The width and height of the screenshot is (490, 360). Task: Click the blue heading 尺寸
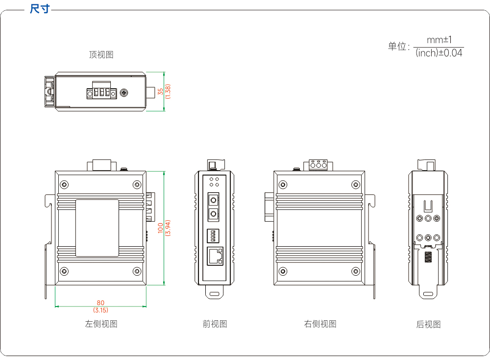coord(40,9)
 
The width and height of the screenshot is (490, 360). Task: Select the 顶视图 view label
coord(101,55)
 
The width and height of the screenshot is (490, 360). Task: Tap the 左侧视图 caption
coord(101,324)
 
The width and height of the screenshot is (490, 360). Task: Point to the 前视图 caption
coord(215,324)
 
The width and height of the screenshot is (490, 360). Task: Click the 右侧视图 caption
coord(320,324)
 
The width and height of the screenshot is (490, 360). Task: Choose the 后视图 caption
coord(428,324)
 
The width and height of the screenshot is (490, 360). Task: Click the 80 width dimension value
coord(100,303)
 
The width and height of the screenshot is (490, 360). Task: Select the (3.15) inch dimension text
coord(100,310)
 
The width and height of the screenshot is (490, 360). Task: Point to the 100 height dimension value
coord(161,228)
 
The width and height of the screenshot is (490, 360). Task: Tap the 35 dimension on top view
coord(161,91)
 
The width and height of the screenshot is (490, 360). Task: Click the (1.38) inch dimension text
coord(168,91)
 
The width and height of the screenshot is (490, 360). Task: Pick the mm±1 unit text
coord(439,40)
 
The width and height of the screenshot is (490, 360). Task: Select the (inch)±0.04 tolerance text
coord(439,53)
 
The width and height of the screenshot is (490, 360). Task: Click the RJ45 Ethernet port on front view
coord(215,256)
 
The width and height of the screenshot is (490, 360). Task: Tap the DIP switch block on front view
coord(213,236)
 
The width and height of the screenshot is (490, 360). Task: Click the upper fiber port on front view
coord(214,200)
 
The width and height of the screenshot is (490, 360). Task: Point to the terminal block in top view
coord(101,90)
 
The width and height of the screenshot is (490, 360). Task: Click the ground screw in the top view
coord(124,93)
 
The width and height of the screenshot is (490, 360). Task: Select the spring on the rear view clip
coord(428,257)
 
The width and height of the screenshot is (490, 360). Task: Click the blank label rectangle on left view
coord(97,228)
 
